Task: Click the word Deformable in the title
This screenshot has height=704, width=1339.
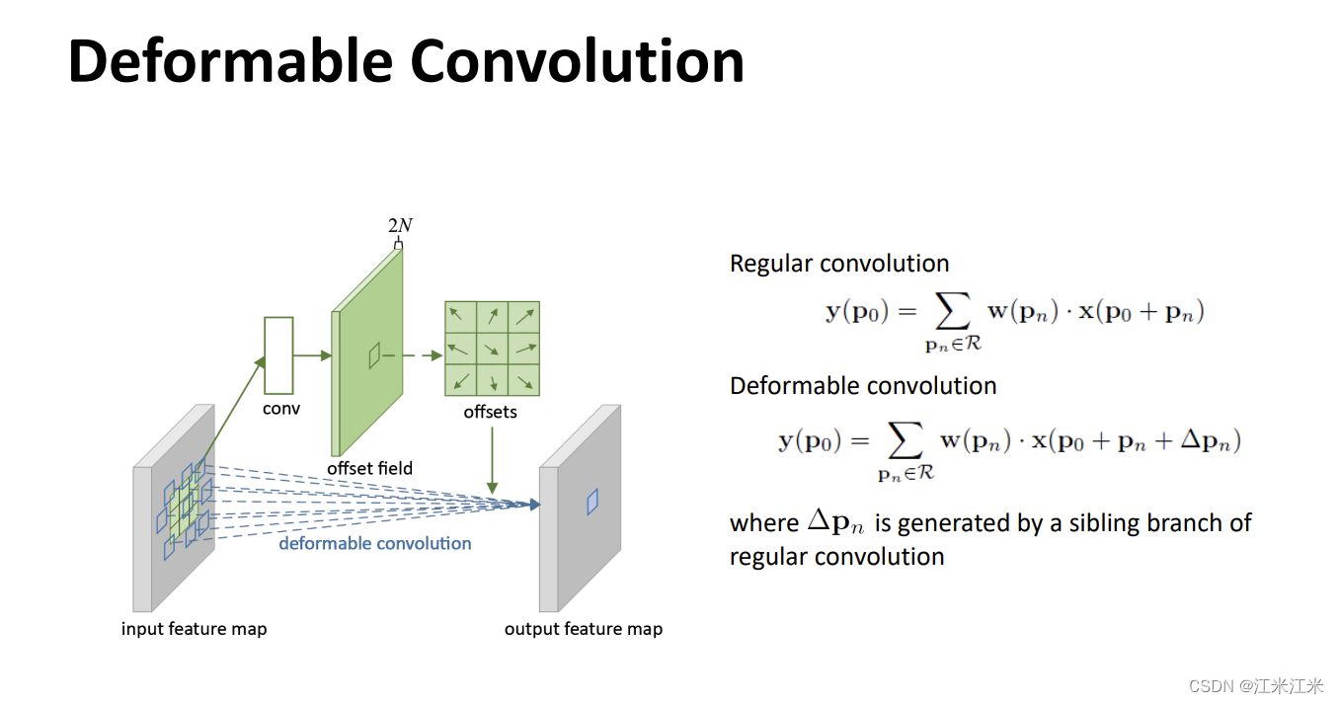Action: tap(230, 61)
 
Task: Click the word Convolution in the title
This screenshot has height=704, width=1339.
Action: tap(577, 61)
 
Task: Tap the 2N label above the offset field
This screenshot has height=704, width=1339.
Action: tap(400, 225)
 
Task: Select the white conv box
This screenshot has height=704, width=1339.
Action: tap(279, 354)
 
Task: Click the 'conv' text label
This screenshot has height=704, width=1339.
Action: tap(281, 409)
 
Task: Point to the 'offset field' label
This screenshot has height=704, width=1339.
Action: tap(370, 468)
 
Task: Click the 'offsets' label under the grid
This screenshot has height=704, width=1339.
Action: tap(491, 412)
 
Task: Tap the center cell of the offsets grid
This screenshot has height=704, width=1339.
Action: tap(492, 348)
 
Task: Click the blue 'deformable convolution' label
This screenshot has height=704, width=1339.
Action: tap(375, 543)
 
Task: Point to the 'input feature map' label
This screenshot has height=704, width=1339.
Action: tap(195, 629)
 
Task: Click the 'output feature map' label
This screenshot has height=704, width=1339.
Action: tap(584, 629)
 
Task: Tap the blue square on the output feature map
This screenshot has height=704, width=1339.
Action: tap(592, 502)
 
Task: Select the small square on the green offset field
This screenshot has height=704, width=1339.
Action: tap(374, 354)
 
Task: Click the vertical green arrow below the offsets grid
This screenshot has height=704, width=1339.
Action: tap(492, 459)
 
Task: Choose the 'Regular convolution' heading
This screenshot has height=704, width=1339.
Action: tap(839, 264)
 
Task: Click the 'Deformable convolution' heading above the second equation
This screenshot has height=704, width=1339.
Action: tap(863, 385)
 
